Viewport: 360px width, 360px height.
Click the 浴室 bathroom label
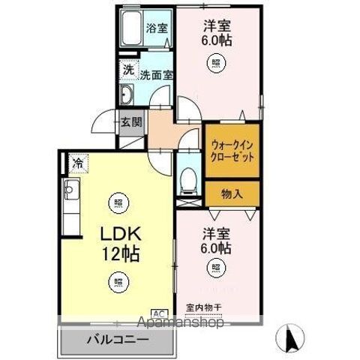point(157,28)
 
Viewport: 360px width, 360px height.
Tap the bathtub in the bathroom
point(131,28)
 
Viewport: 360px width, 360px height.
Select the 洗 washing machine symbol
point(129,70)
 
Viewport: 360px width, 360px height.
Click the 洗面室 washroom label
point(156,74)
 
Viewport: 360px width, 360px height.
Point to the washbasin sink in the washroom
point(127,94)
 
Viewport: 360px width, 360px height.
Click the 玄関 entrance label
point(131,122)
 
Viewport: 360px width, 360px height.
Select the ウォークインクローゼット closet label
point(232,151)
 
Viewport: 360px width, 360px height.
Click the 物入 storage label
point(232,193)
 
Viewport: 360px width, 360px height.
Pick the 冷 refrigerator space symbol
point(78,163)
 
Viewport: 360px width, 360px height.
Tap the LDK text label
point(121,234)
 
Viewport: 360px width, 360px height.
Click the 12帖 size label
point(121,253)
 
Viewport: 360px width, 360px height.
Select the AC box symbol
point(160,313)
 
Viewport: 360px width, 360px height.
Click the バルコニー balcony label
point(118,340)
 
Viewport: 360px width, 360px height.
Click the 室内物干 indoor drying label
point(204,307)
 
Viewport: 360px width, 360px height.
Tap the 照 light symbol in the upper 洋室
point(216,62)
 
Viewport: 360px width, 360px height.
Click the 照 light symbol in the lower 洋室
point(216,267)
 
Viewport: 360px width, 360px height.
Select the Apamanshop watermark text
point(181,322)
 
